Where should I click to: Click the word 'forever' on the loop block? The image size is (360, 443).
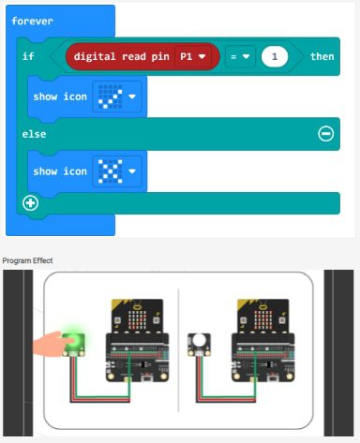coord(33,20)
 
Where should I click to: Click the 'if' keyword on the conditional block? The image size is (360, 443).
coord(28,57)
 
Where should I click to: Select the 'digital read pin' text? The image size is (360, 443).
coord(121,57)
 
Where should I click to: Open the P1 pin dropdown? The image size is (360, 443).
coord(192,57)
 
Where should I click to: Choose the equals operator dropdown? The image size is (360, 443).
coord(242,57)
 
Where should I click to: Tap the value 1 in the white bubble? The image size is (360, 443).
coord(274,57)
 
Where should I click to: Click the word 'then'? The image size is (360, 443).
coord(322,57)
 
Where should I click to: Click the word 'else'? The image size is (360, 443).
coord(34,134)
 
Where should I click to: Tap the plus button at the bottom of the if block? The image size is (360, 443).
coord(30,203)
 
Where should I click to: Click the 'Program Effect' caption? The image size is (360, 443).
coord(28,259)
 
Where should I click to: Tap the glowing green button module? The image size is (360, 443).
coord(72,343)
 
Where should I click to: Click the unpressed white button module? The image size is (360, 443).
coord(200,343)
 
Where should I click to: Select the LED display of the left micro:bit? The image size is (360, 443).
coord(136,317)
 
